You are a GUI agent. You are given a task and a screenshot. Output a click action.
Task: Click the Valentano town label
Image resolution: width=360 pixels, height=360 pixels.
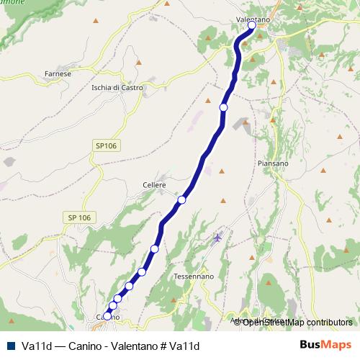click(252, 19)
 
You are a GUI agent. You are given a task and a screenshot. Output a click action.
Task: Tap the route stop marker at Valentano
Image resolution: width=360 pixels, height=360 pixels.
click(252, 26)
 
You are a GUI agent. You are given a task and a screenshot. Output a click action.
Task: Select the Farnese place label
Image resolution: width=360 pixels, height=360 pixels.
click(58, 73)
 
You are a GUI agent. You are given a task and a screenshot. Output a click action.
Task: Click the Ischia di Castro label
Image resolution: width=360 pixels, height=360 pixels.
click(117, 88)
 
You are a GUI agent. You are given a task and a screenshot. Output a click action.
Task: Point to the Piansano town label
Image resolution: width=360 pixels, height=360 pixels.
click(273, 163)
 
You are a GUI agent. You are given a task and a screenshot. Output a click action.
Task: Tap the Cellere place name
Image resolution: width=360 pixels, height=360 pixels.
click(154, 185)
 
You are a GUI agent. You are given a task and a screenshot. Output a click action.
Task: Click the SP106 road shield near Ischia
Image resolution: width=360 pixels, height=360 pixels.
click(105, 145)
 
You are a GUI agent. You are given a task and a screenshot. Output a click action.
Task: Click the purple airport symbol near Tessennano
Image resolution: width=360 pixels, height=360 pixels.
click(217, 238)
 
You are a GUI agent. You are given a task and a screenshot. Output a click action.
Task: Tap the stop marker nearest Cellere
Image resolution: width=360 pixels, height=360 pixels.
click(182, 200)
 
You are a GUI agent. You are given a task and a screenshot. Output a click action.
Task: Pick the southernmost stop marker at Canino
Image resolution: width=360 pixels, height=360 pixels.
click(107, 315)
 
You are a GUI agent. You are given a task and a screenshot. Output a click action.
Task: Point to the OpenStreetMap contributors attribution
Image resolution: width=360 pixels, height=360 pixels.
click(297, 322)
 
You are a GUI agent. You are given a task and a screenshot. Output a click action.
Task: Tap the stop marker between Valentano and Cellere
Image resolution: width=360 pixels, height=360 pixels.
click(223, 107)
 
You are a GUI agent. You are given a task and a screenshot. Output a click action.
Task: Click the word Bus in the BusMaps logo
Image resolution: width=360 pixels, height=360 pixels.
click(312, 345)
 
